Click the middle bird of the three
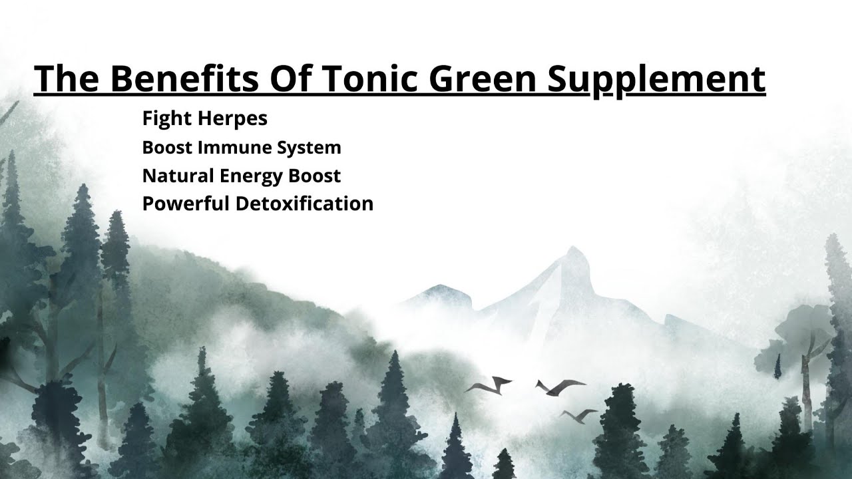pyautogui.click(x=559, y=386)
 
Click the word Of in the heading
pyautogui.click(x=292, y=79)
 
